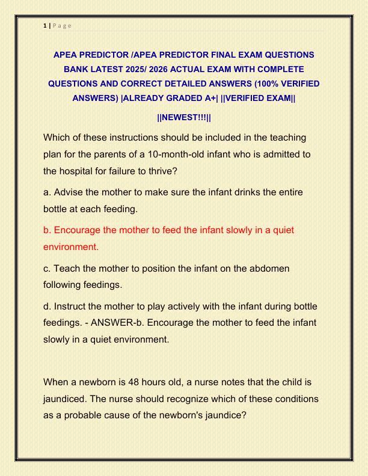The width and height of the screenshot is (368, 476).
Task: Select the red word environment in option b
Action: (70, 246)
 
